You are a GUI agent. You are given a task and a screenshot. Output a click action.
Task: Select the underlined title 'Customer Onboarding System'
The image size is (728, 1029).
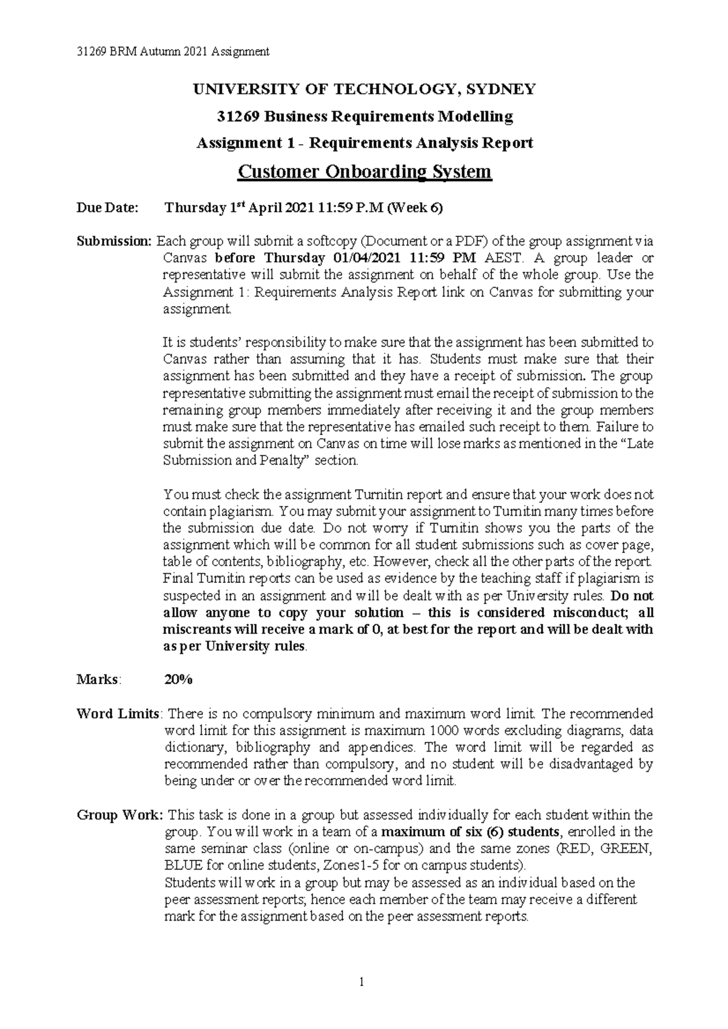click(x=364, y=172)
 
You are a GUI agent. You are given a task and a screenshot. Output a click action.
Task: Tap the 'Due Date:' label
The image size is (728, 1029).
click(x=107, y=208)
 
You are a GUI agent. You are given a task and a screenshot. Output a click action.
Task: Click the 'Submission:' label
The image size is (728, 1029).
click(x=113, y=241)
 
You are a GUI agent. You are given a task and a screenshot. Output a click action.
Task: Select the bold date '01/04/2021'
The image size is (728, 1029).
click(x=366, y=258)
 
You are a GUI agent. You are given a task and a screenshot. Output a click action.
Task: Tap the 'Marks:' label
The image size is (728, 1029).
click(x=98, y=680)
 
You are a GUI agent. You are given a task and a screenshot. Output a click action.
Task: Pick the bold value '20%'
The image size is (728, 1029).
click(x=178, y=680)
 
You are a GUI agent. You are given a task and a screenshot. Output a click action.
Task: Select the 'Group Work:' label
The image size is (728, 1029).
click(x=120, y=815)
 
